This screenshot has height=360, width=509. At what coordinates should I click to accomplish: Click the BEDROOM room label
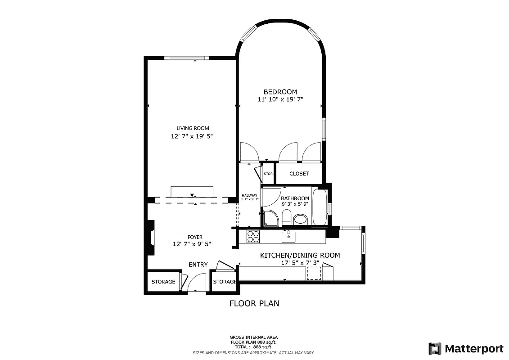pyautogui.click(x=280, y=92)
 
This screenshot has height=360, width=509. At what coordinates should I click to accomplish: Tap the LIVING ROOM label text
pyautogui.click(x=193, y=128)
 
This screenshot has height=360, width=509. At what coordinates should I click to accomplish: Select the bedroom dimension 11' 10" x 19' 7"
pyautogui.click(x=280, y=100)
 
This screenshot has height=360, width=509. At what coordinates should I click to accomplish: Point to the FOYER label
pyautogui.click(x=195, y=237)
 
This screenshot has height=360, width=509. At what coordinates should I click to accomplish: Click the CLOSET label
pyautogui.click(x=299, y=174)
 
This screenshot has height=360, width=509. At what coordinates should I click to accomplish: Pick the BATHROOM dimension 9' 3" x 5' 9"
pyautogui.click(x=295, y=204)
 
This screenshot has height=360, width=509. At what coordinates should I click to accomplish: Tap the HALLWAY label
pyautogui.click(x=249, y=195)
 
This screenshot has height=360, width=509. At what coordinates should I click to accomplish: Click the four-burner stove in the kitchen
pyautogui.click(x=253, y=236)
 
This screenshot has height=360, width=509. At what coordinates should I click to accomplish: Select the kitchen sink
pyautogui.click(x=288, y=236)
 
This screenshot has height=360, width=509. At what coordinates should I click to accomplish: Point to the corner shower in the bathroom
pyautogui.click(x=270, y=217)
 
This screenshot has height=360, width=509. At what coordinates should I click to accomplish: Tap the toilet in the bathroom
pyautogui.click(x=286, y=219)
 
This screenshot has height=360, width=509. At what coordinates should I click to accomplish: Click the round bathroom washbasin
pyautogui.click(x=300, y=220)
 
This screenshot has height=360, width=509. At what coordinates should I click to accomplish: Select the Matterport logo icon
pyautogui.click(x=435, y=349)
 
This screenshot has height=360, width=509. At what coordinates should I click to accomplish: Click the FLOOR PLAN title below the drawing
pyautogui.click(x=254, y=303)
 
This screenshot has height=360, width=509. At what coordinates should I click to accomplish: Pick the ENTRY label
pyautogui.click(x=198, y=265)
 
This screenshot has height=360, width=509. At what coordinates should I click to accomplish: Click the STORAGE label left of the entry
pyautogui.click(x=163, y=282)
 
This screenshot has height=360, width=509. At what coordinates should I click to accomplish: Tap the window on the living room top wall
pyautogui.click(x=186, y=58)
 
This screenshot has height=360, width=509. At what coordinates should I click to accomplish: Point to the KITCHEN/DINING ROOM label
pyautogui.click(x=300, y=255)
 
